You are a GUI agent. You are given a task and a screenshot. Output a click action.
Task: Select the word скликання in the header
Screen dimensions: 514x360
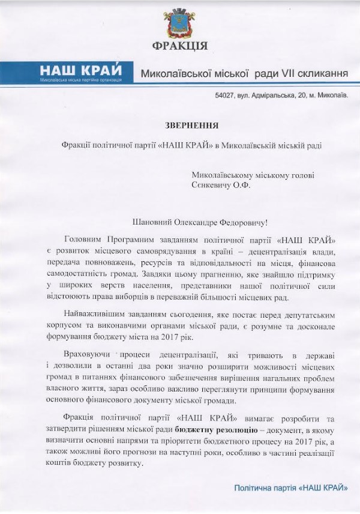point(321,73)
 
